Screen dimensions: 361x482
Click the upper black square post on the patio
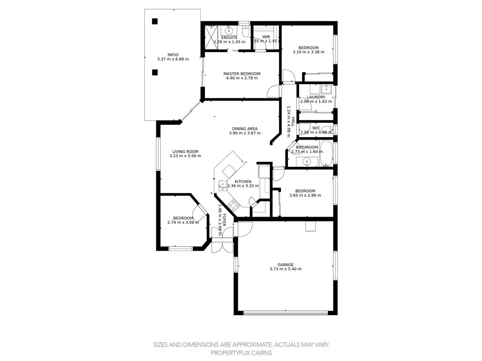155,22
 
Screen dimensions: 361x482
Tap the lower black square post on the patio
155,73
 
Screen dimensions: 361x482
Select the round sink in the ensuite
229,30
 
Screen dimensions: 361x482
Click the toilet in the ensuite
246,30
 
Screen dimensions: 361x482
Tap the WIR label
266,37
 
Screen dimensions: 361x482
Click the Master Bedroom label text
242,74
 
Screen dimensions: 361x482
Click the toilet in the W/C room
329,129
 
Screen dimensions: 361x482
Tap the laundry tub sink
327,89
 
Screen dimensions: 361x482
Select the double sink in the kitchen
222,185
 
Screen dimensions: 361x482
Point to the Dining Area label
245,129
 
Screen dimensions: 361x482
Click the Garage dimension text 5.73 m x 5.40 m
285,269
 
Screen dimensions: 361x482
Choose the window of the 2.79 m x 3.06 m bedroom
181,249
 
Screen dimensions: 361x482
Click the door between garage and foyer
244,229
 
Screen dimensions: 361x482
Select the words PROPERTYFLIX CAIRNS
241,353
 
